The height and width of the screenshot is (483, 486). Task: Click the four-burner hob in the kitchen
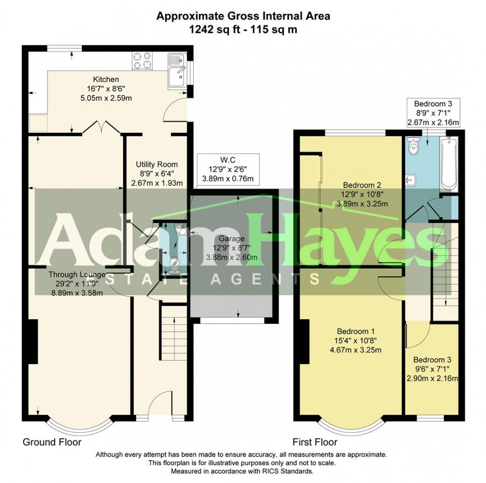click(x=142, y=61)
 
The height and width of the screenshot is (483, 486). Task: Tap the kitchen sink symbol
click(x=176, y=70)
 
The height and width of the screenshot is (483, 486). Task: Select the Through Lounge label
click(x=77, y=274)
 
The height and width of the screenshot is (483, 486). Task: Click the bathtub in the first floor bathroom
click(x=449, y=164)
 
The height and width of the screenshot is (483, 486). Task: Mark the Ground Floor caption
click(x=52, y=442)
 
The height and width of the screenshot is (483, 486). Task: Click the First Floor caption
click(x=314, y=442)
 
